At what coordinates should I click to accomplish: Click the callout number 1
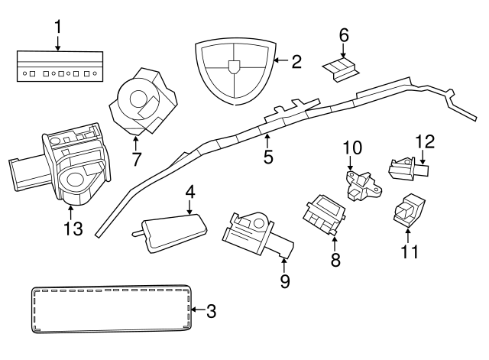click(58, 26)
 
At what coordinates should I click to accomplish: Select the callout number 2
click(296, 61)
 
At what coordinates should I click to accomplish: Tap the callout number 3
click(212, 311)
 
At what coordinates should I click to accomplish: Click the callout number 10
click(351, 147)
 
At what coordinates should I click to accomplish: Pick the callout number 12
click(424, 141)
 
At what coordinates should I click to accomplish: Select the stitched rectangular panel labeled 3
click(112, 310)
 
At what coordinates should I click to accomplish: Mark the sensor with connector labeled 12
click(405, 167)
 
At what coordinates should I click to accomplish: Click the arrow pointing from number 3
click(198, 310)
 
